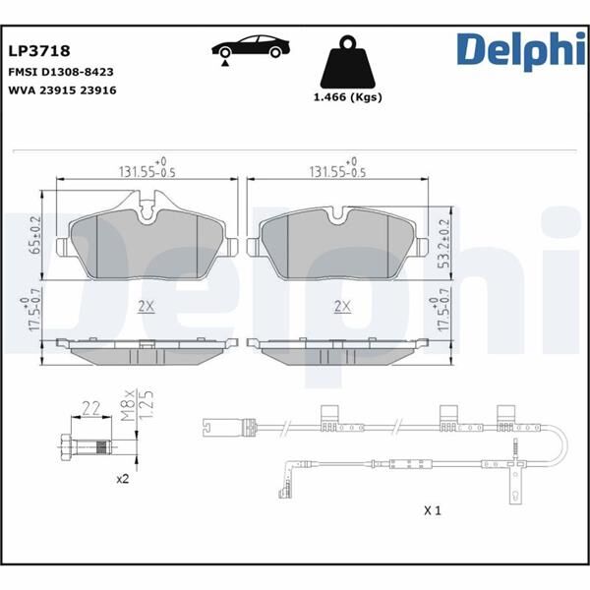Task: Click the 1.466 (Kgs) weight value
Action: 347,97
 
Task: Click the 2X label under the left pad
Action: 146,306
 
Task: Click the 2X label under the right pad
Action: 342,306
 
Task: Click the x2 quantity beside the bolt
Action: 123,479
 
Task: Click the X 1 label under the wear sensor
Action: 432,511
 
